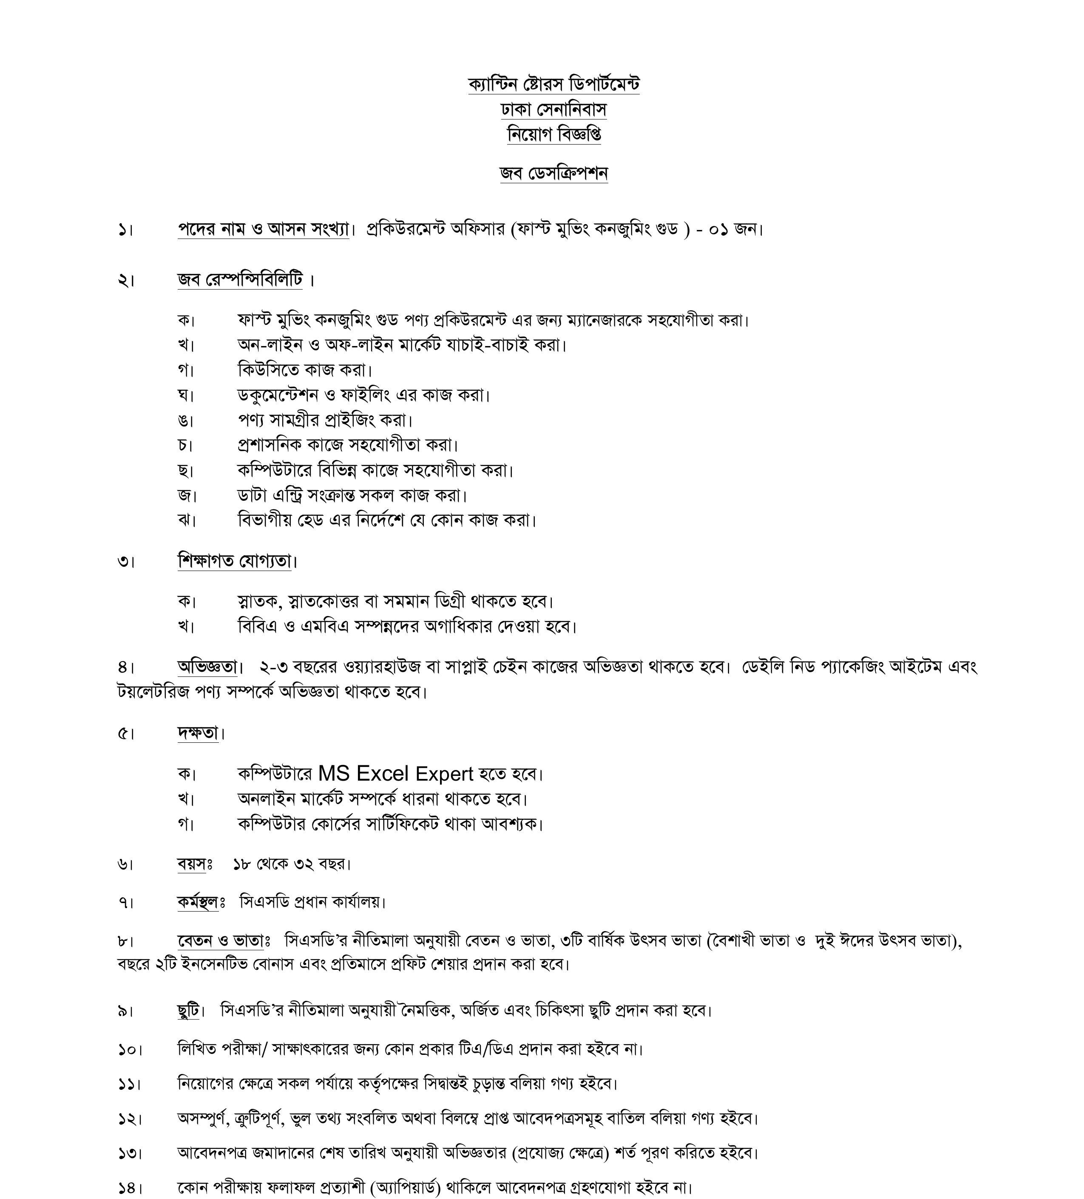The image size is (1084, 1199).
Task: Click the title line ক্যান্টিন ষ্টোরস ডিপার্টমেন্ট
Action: (553, 85)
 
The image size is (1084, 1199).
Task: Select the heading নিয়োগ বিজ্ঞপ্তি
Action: (553, 134)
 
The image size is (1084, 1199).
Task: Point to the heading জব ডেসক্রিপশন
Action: (553, 173)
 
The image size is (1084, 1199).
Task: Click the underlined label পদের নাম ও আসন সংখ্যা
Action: (263, 229)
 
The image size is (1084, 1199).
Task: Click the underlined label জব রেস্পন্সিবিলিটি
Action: (240, 279)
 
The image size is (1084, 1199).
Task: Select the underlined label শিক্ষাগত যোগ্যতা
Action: (234, 560)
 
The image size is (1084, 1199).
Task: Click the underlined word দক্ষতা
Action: (198, 733)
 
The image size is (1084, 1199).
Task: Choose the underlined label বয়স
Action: (191, 864)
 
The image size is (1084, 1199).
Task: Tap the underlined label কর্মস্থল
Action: (197, 902)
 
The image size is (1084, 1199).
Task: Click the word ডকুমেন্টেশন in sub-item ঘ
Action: (278, 395)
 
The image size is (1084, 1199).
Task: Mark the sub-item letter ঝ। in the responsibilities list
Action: (186, 520)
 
